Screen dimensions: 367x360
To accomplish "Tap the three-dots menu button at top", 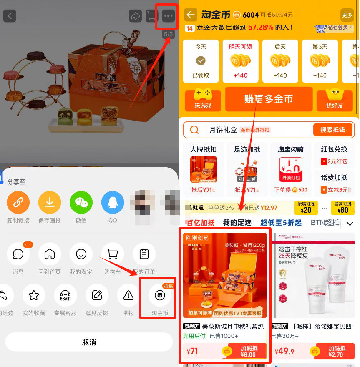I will point(168,16).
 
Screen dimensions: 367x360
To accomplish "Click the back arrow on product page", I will point(10,16).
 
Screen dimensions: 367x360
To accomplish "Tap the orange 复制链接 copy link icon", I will point(18,203).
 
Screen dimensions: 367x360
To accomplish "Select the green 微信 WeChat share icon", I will point(81,203).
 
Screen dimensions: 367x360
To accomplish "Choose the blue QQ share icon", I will point(113,203).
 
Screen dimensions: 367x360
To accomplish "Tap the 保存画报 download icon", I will point(50,203).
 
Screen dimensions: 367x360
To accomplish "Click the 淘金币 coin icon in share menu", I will point(160,296).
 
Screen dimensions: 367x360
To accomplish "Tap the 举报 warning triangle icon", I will point(128,296).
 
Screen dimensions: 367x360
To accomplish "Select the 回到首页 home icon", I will point(50,254).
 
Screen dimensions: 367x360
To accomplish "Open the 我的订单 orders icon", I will point(144,254).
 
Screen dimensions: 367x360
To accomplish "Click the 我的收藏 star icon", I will point(34,296).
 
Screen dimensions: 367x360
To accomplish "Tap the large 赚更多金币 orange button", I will point(269,99).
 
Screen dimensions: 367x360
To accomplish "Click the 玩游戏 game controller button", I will point(203,99).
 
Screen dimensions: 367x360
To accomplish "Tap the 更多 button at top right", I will point(347,15).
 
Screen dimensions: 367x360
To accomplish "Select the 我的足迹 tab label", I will point(237,223).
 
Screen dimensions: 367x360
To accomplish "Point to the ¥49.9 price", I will point(286,352).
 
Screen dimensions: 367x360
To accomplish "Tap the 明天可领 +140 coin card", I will point(240,61).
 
